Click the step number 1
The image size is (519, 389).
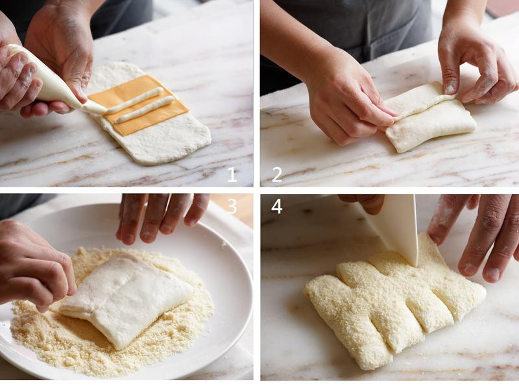coord(232,174)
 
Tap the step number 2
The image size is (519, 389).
coord(277,174)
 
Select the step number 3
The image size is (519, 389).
coord(232,206)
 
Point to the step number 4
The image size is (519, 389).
coord(277,206)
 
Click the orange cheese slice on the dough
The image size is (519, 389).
coord(138,104)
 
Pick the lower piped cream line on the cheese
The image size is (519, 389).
coord(145,109)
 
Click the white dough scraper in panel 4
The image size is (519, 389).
coord(396,229)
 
